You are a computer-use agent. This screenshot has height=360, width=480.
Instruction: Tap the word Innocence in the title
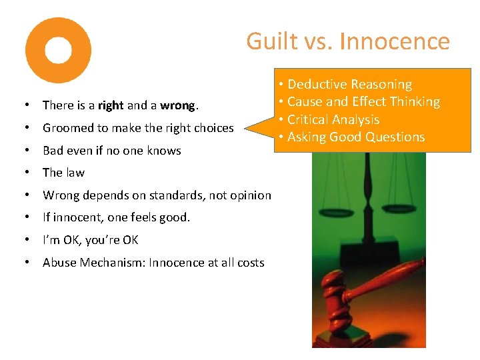395,41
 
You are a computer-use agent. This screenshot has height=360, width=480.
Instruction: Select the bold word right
111,105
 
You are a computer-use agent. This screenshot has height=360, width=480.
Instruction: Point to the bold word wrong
177,105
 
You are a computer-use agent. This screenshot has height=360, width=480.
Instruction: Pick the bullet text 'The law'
63,173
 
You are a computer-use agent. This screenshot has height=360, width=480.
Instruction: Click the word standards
173,195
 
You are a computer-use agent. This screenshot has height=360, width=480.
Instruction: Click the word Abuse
59,263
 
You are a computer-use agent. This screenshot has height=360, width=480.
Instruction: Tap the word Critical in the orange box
310,120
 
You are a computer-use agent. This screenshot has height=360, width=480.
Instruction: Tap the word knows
165,151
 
